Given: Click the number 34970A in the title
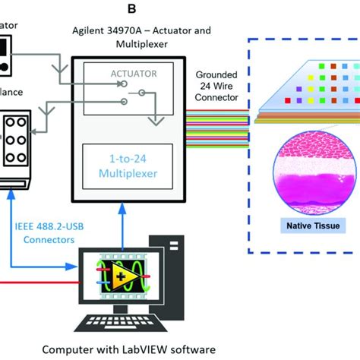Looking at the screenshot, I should click(130, 31).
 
